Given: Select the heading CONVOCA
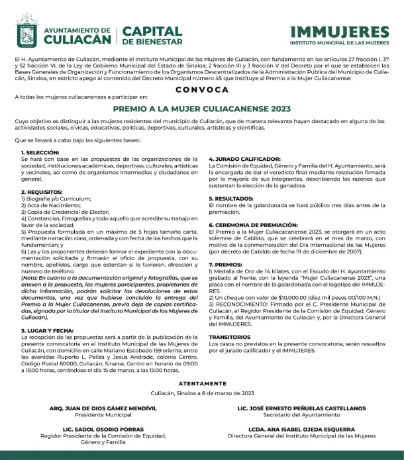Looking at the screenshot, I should pyautogui.click(x=202, y=87).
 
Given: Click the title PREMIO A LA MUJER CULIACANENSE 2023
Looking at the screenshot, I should pyautogui.click(x=202, y=107).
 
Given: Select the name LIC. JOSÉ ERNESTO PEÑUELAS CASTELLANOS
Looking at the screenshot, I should pyautogui.click(x=301, y=408).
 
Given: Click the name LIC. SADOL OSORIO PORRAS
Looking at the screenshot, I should pyautogui.click(x=97, y=429).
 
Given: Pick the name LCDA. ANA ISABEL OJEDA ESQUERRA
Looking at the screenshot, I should pyautogui.click(x=301, y=429).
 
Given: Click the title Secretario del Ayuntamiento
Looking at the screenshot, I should pyautogui.click(x=301, y=415).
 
